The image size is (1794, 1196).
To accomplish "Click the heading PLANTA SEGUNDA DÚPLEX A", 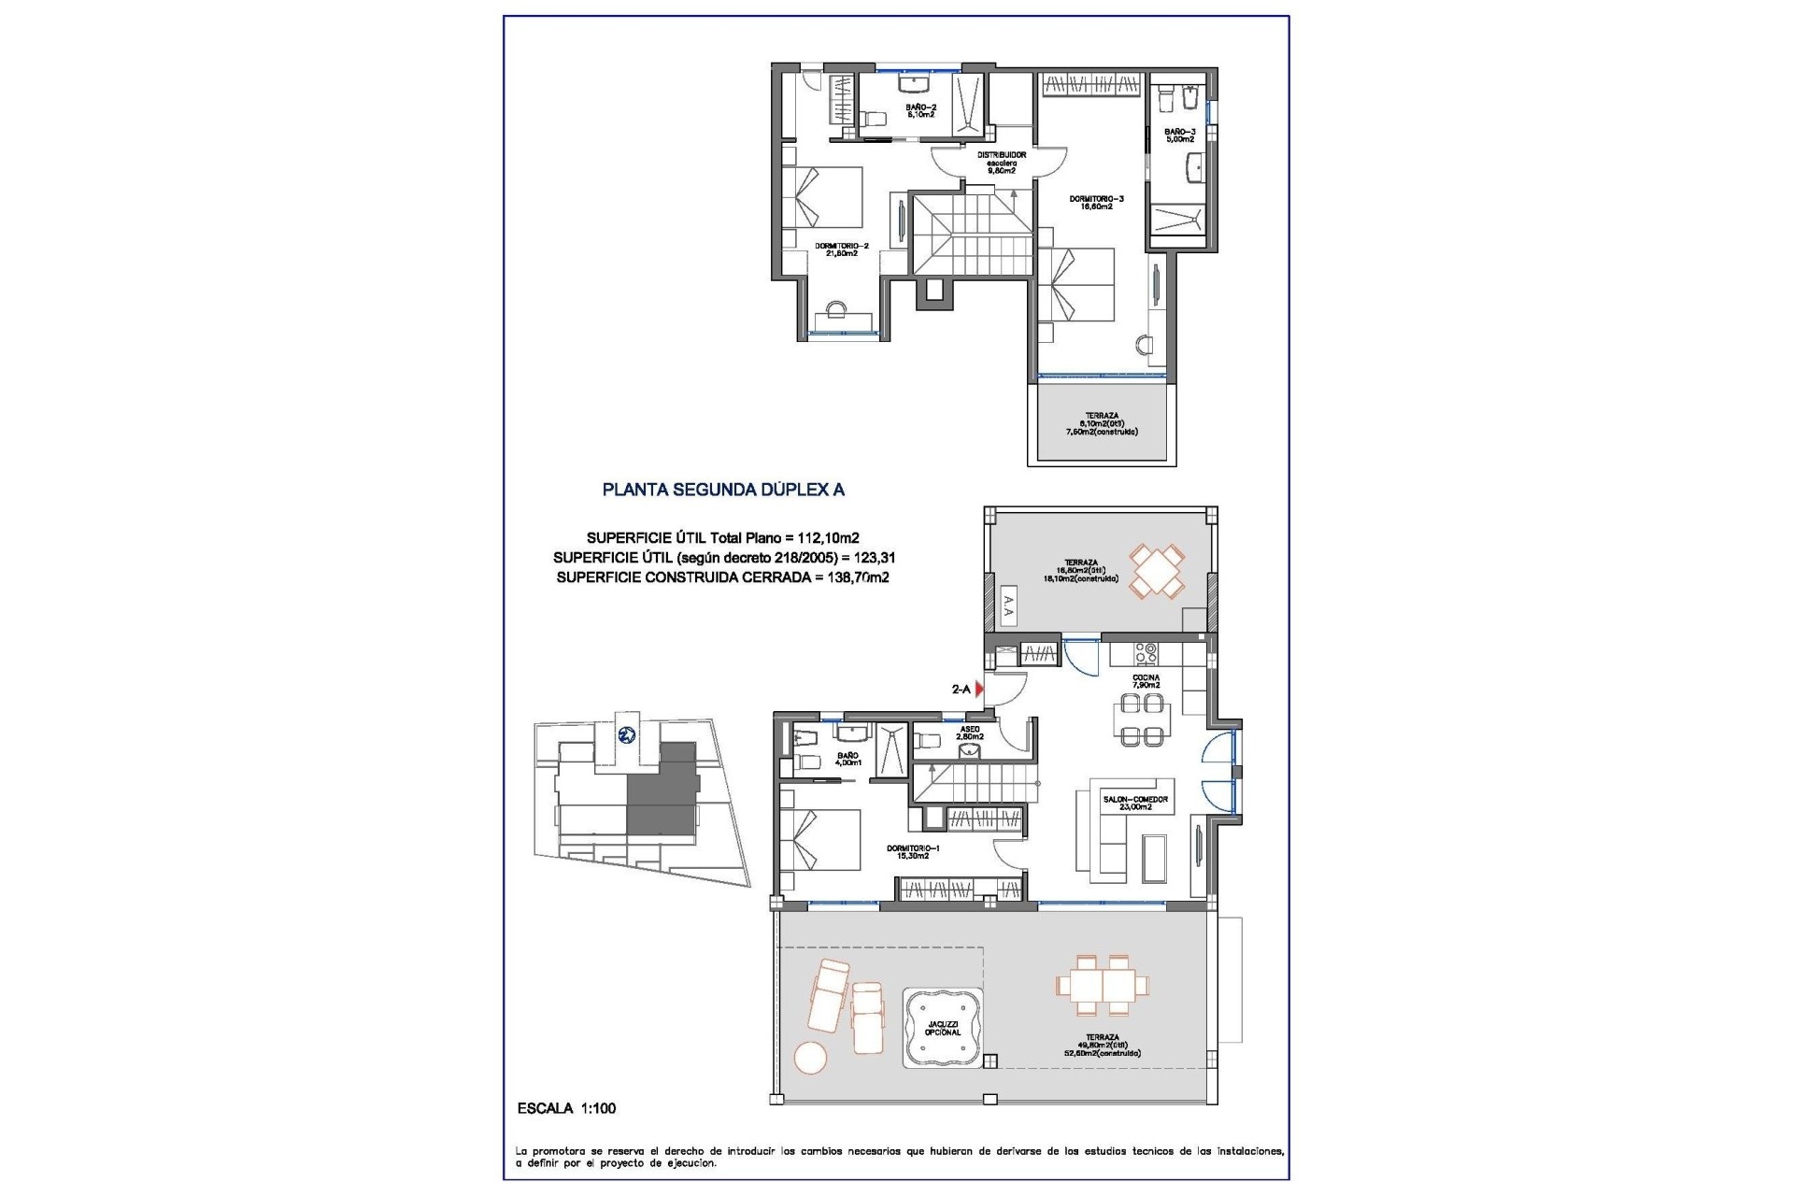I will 723,489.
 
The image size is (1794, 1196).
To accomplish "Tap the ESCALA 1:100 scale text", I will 566,1108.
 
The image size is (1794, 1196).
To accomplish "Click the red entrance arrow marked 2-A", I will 979,690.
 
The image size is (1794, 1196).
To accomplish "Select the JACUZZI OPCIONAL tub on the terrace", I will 942,1028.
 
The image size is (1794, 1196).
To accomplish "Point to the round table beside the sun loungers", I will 810,1059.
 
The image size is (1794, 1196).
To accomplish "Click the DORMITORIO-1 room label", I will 907,851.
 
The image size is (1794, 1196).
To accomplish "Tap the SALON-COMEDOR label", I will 1135,803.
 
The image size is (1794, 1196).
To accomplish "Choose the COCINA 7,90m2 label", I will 1146,681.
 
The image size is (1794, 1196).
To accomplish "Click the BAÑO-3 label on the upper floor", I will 1180,135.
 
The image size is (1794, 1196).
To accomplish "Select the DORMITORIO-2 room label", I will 841,249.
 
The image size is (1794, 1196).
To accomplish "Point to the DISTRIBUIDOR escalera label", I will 1002,163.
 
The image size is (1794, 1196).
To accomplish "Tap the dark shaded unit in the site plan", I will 662,790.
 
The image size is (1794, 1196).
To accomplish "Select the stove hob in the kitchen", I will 1146,651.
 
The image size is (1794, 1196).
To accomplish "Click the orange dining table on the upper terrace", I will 1157,572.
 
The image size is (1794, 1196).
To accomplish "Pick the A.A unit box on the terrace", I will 1007,609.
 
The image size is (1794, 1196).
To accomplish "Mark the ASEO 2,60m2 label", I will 969,733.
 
